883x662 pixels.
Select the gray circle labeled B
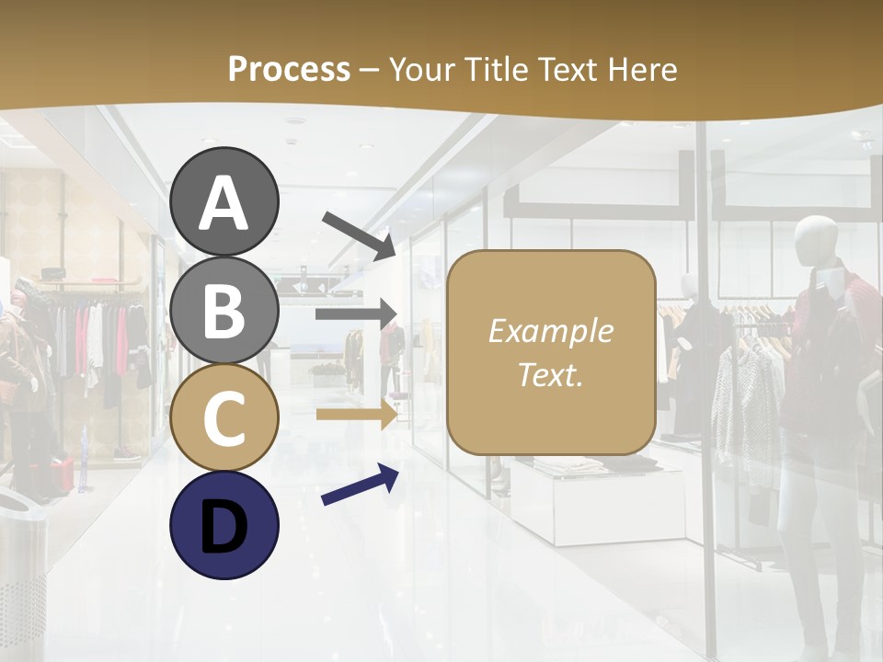(x=224, y=312)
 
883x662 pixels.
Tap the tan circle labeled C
(x=224, y=417)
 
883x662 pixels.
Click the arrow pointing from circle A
(x=359, y=235)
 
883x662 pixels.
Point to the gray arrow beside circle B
(x=356, y=314)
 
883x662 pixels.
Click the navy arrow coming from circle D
(x=360, y=485)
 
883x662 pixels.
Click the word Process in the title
(x=289, y=69)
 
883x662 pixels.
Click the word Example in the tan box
(x=550, y=331)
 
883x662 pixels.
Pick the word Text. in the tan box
(x=550, y=374)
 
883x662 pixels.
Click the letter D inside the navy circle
(x=224, y=529)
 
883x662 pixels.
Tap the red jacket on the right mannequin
(x=828, y=322)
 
